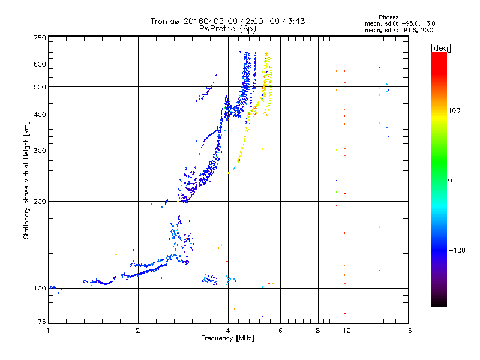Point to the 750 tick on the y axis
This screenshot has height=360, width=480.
(40, 38)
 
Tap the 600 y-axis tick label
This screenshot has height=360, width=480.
(40, 64)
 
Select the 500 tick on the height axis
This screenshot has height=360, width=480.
(40, 87)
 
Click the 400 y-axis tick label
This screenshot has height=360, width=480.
(40, 115)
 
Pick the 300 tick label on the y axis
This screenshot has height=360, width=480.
(40, 151)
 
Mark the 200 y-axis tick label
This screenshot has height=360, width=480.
(40, 201)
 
